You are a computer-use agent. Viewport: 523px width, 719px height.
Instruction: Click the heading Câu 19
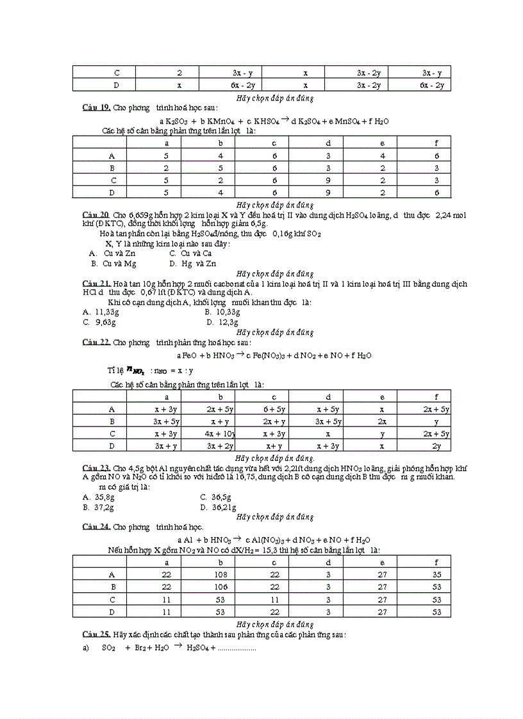click(x=96, y=108)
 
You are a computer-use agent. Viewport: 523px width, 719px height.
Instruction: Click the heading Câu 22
click(x=96, y=343)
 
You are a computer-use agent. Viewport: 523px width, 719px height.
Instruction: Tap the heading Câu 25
click(x=96, y=634)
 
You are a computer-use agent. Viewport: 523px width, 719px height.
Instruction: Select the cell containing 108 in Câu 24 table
click(x=220, y=575)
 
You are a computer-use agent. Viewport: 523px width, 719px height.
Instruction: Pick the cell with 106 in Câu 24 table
click(x=220, y=586)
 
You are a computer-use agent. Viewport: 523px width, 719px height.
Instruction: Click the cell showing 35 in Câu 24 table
click(x=436, y=575)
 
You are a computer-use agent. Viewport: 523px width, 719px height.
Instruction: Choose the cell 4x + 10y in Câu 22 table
click(x=220, y=434)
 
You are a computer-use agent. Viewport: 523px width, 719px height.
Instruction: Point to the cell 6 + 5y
click(x=274, y=409)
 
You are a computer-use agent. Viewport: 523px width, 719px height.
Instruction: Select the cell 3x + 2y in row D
click(x=220, y=446)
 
